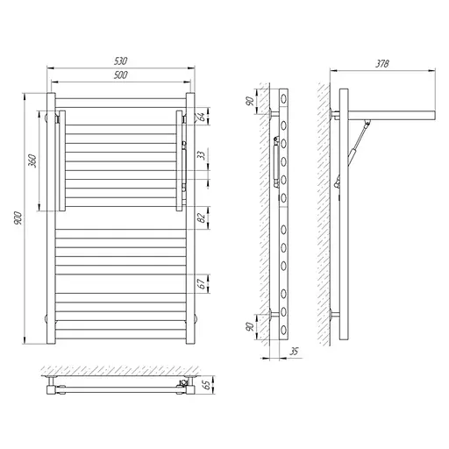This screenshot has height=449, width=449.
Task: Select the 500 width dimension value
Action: (x=121, y=76)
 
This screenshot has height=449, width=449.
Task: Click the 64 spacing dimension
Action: (x=201, y=117)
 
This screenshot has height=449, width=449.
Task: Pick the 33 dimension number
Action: (x=201, y=155)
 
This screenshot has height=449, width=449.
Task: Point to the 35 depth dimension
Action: (x=293, y=351)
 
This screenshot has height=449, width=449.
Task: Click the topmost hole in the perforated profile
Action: (x=284, y=95)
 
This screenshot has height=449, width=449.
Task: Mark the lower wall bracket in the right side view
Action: (x=335, y=313)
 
